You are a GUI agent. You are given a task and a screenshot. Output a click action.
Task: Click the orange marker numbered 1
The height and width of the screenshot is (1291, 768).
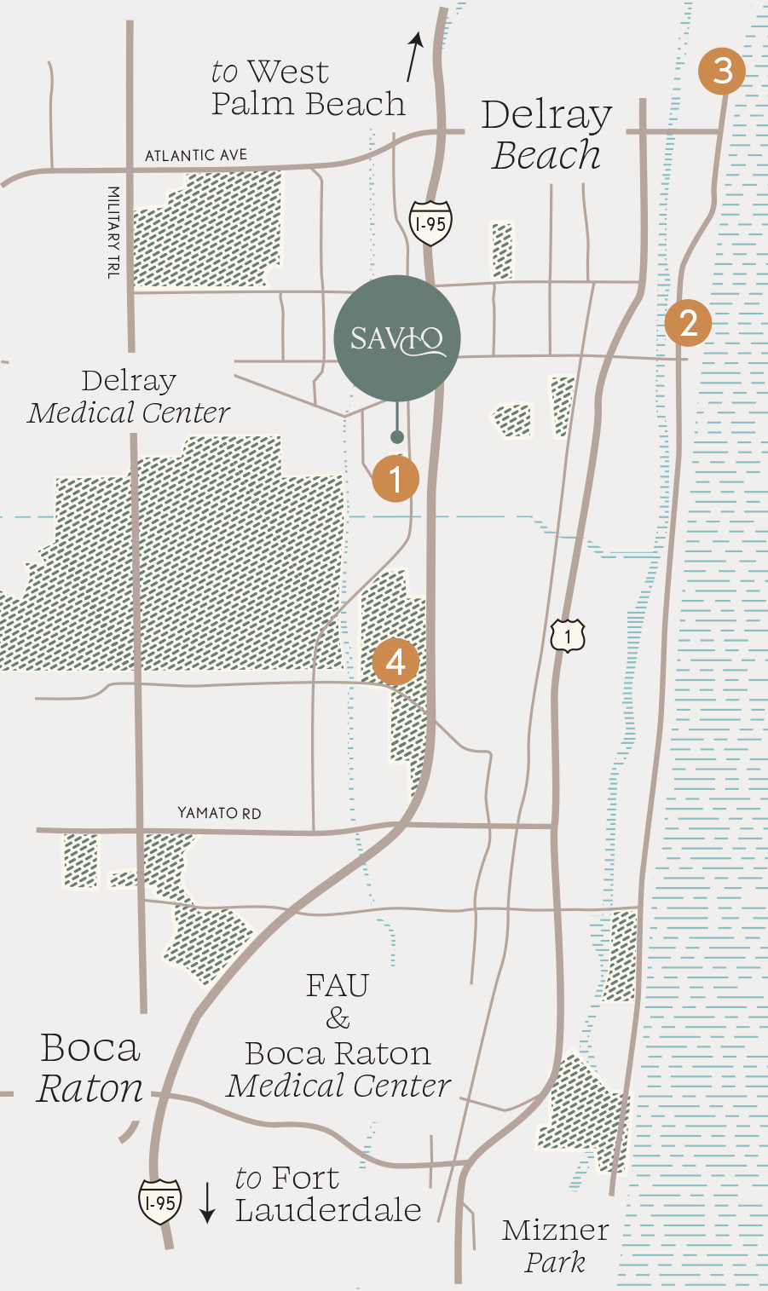(396, 478)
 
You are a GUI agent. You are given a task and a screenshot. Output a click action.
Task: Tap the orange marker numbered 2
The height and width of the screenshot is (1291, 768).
(688, 322)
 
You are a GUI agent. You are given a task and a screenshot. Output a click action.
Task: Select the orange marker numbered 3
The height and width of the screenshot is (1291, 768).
(722, 70)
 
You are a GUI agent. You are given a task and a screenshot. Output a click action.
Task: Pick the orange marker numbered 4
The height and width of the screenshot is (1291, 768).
(396, 661)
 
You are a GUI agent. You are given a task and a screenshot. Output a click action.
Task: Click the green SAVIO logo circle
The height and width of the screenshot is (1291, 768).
(397, 338)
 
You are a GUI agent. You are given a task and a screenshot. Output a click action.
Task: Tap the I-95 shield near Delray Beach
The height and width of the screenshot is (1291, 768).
(430, 224)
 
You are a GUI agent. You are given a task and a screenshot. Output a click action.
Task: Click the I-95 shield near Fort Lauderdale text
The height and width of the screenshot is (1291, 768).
(160, 1202)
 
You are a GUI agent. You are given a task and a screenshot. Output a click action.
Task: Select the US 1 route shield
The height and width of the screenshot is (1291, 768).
(568, 636)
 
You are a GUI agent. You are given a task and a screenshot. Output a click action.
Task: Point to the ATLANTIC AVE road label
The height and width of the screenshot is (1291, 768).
(196, 155)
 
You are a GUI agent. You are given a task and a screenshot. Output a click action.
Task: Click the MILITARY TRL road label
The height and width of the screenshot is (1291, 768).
(113, 233)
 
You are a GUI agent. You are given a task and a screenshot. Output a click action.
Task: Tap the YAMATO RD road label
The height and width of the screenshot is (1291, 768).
(219, 813)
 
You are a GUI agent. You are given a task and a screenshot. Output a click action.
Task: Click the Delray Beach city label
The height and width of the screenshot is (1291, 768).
(546, 135)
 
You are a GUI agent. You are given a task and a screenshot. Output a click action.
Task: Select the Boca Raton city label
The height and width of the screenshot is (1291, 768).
(90, 1068)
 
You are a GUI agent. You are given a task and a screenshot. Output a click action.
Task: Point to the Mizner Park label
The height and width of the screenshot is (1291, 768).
(555, 1245)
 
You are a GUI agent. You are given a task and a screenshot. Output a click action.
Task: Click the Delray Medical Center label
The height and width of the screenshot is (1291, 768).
(129, 396)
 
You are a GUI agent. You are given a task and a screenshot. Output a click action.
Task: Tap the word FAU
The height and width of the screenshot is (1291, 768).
(338, 986)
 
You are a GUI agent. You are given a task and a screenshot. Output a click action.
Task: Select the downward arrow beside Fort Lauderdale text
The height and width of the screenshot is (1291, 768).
(207, 1202)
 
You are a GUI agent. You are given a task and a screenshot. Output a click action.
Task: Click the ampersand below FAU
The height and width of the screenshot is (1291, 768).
(338, 1018)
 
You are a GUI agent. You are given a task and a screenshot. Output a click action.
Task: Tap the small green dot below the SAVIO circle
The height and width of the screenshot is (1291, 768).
(396, 437)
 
